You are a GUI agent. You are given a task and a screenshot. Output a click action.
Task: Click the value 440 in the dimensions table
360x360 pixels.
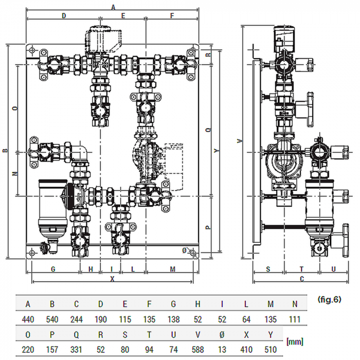28,319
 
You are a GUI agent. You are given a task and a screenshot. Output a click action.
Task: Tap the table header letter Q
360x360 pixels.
77,334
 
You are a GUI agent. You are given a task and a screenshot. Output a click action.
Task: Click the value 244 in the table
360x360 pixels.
77,319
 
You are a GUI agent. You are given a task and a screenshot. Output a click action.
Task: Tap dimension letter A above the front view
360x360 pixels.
113,6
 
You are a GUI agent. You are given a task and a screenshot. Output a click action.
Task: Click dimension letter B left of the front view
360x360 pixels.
5,151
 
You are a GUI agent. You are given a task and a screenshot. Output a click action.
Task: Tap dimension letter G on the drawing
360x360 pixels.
53,268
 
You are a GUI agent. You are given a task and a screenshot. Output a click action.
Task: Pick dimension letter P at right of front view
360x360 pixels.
208,227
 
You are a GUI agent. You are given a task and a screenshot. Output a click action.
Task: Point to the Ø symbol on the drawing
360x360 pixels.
185,250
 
